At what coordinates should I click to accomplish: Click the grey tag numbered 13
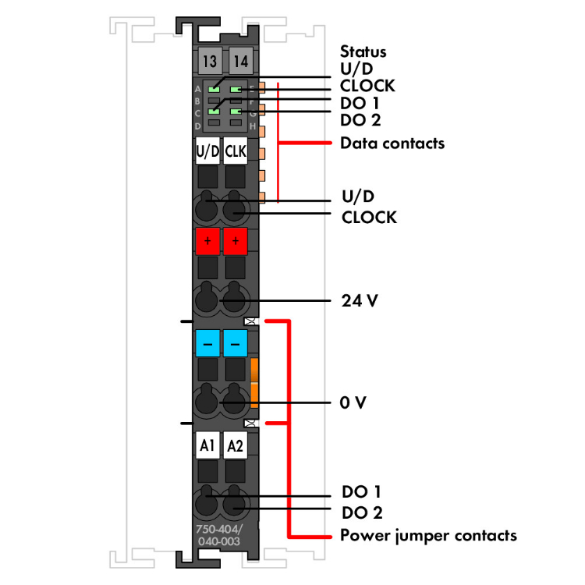click(207, 61)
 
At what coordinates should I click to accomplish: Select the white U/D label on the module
click(207, 151)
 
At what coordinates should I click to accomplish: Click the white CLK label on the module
click(236, 151)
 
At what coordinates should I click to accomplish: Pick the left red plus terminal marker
click(207, 242)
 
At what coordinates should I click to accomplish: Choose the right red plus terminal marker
click(236, 242)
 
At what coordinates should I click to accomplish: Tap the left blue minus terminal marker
click(207, 342)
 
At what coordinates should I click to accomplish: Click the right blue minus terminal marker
click(236, 342)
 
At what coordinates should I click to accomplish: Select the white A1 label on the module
click(207, 445)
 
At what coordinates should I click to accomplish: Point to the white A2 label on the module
click(236, 445)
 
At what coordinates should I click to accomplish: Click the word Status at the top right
click(363, 52)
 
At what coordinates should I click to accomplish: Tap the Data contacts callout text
click(392, 144)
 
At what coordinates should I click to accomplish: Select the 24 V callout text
click(360, 300)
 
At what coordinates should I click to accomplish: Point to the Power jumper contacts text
click(428, 536)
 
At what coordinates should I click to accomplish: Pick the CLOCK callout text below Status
click(367, 86)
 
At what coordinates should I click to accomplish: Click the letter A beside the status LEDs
click(197, 89)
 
